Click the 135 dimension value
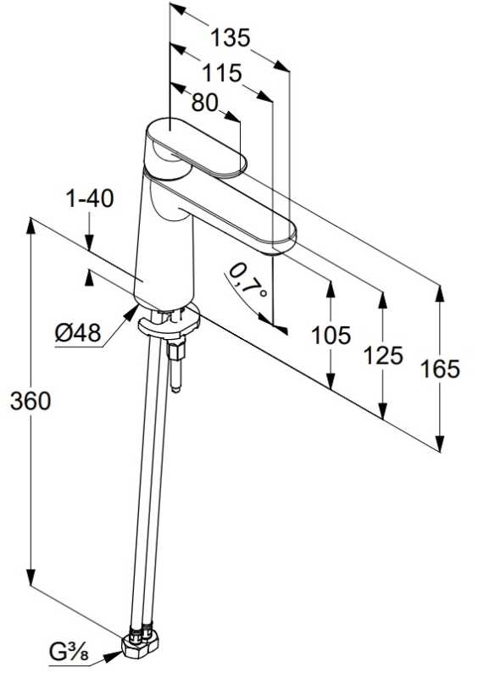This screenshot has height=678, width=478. [231, 37]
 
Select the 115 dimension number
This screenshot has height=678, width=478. [222, 73]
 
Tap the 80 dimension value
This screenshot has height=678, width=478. [204, 103]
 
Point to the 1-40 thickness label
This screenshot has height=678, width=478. [90, 199]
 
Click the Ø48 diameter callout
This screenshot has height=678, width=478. [78, 333]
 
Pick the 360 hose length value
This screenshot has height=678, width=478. [31, 401]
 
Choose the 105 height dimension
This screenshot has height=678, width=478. [331, 336]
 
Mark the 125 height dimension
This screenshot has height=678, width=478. [383, 355]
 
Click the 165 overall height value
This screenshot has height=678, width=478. [441, 370]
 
